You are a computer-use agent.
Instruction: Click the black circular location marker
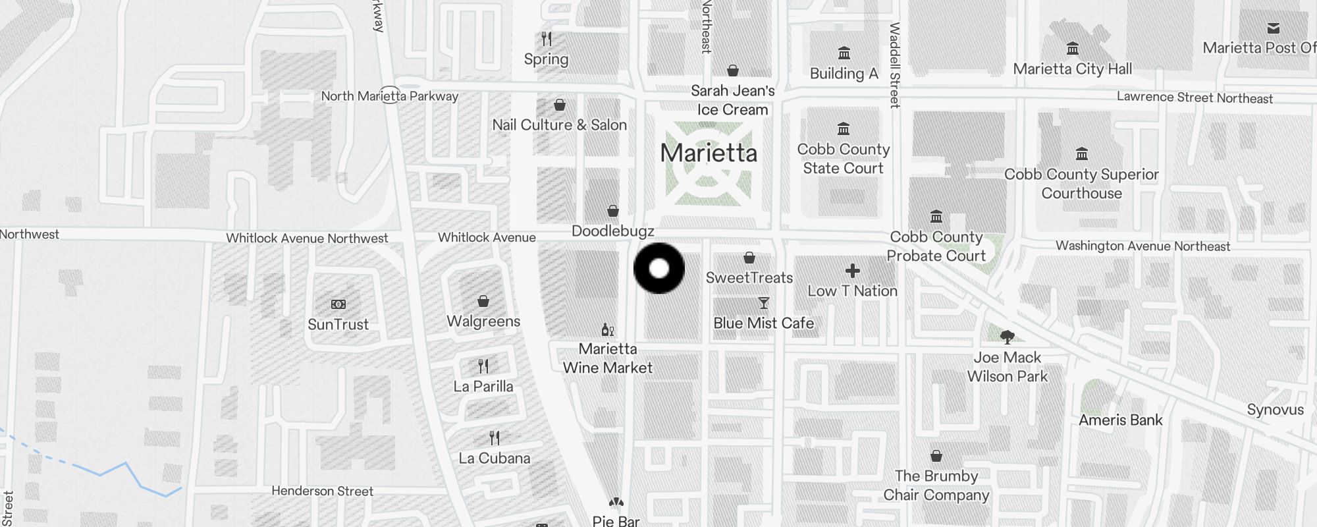659,268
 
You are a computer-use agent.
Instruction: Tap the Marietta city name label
709,153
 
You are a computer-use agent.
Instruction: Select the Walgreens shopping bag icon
483,301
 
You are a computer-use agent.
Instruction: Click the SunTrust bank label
338,324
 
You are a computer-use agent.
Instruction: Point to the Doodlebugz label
612,231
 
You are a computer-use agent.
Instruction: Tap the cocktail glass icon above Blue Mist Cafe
764,303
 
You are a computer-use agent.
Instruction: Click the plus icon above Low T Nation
853,271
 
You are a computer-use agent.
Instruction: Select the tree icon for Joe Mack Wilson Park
1007,337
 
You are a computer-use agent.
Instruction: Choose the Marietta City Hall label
1072,69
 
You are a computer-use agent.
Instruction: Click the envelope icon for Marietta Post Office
1274,28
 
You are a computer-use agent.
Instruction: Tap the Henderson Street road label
322,491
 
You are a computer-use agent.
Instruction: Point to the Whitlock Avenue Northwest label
307,238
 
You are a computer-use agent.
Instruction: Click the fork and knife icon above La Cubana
495,438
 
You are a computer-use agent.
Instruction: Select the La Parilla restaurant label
483,387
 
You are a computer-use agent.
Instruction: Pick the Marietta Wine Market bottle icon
608,329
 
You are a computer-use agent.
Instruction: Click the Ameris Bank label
1120,420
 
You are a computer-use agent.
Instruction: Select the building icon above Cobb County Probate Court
936,216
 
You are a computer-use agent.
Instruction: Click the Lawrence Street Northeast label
1194,98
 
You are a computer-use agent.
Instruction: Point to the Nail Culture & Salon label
559,125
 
